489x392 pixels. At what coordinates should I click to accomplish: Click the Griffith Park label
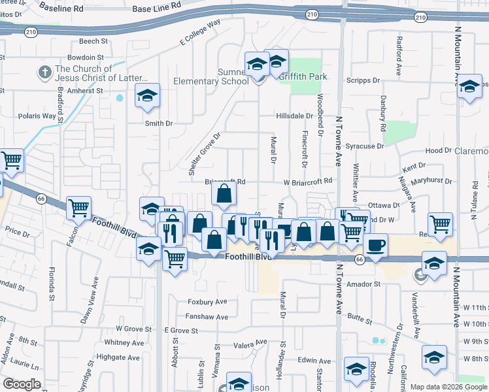click(x=303, y=76)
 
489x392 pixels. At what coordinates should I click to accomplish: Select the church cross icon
click(x=45, y=71)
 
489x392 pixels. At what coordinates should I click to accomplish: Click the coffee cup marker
click(x=375, y=246)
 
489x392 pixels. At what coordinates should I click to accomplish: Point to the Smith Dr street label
click(x=159, y=123)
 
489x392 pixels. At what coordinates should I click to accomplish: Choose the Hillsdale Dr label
click(x=294, y=116)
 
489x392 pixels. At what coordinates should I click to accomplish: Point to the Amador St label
click(x=363, y=284)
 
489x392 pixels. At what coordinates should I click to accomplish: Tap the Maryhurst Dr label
click(x=430, y=180)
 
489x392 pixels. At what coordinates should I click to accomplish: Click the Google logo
click(x=22, y=384)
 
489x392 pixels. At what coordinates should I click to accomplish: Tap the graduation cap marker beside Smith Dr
click(x=148, y=96)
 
